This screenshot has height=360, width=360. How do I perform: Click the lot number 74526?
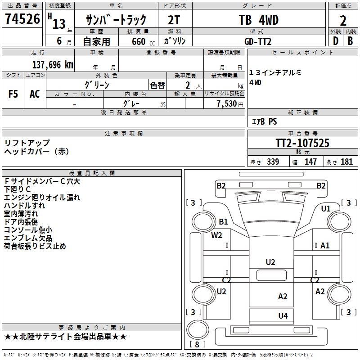[22, 19]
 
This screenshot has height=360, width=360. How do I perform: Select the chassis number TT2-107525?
[302, 144]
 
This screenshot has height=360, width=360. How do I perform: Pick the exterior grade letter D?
[335, 40]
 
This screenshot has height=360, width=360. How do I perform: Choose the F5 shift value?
[13, 94]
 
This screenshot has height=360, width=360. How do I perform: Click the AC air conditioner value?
[35, 94]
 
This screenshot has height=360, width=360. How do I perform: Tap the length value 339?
[272, 162]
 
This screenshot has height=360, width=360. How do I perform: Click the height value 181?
[346, 162]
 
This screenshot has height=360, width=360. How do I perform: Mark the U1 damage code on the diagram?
[326, 209]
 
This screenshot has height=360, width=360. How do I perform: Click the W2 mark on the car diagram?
[217, 235]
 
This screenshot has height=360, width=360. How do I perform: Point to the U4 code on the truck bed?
[283, 315]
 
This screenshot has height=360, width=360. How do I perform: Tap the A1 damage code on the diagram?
[325, 245]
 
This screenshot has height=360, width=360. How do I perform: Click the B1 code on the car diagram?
[223, 221]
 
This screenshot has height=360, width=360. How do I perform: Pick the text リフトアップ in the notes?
[27, 143]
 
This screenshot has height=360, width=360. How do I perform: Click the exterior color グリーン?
[97, 85]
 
